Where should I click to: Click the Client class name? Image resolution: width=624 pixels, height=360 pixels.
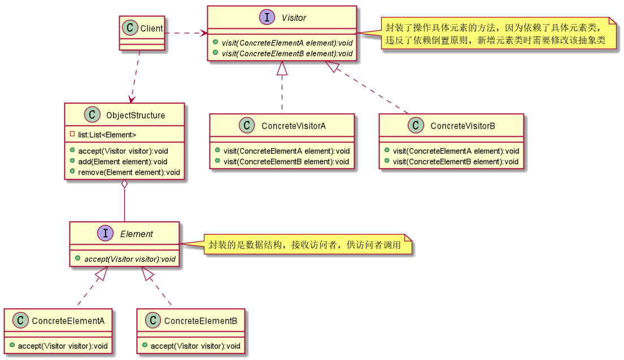[x=151, y=29]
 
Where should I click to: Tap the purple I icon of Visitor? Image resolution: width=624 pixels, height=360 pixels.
[x=267, y=18]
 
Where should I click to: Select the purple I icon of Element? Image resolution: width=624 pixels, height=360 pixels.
[x=106, y=233]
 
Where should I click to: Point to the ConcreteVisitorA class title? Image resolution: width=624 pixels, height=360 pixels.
[x=293, y=126]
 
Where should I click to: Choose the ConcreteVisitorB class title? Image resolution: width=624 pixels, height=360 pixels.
[x=462, y=126]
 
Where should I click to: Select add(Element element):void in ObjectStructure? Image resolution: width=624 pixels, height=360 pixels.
[x=123, y=162]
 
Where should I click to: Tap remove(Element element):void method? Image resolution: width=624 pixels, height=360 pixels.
[x=129, y=172]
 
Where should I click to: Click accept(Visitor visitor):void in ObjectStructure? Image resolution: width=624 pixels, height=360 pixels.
[x=123, y=151]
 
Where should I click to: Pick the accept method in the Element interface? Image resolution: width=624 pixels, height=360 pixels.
[x=129, y=259]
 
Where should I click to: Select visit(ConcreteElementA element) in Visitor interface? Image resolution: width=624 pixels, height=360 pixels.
[x=287, y=43]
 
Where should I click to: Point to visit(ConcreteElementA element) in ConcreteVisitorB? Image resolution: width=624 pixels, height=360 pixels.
[x=455, y=151]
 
